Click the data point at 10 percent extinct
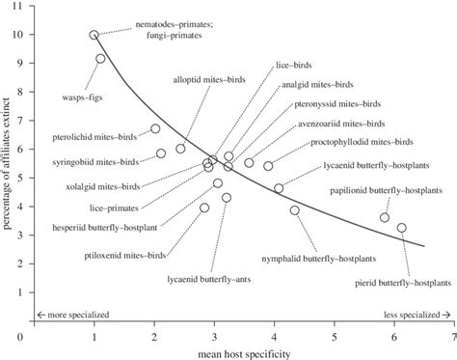pos(94,35)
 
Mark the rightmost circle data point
pos(401,228)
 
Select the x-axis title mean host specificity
pos(238,352)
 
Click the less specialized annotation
pos(417,315)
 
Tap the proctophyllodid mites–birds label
pos(370,140)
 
